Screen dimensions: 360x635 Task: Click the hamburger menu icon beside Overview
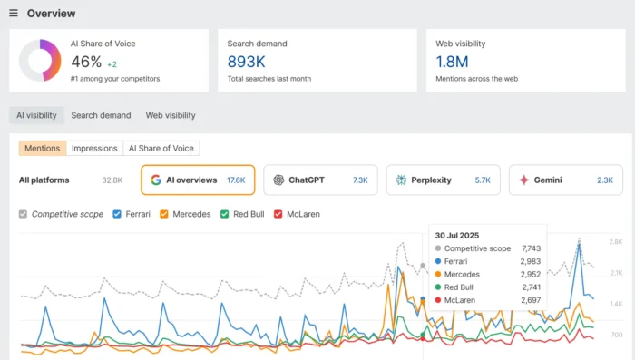pyautogui.click(x=14, y=14)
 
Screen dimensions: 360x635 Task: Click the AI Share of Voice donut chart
pyautogui.click(x=40, y=60)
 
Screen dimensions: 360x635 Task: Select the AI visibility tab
pyautogui.click(x=37, y=115)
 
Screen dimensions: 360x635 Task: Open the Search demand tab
pyautogui.click(x=101, y=115)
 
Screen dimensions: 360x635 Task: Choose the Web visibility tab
pyautogui.click(x=171, y=115)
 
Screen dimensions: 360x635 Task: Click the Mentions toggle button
pyautogui.click(x=43, y=148)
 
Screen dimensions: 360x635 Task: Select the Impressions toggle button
pyautogui.click(x=94, y=148)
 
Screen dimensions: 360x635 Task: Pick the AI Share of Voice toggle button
pyautogui.click(x=161, y=148)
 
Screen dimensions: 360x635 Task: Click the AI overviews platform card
pyautogui.click(x=198, y=180)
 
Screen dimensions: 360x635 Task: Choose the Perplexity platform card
pyautogui.click(x=443, y=180)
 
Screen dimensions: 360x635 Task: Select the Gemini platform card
pyautogui.click(x=565, y=180)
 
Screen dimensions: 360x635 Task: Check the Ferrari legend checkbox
pyautogui.click(x=117, y=214)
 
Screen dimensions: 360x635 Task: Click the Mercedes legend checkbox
pyautogui.click(x=164, y=214)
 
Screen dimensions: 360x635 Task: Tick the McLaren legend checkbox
pyautogui.click(x=278, y=214)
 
